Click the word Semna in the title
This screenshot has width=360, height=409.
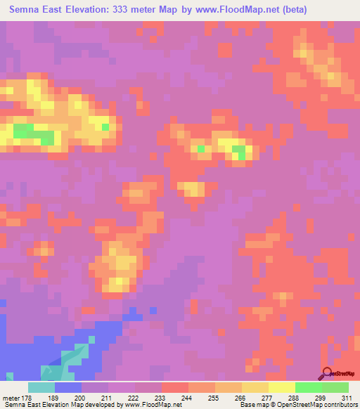(27, 10)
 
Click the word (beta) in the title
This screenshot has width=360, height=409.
(333, 10)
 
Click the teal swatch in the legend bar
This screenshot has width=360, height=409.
(41, 387)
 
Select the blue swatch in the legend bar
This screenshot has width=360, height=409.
(67, 387)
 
